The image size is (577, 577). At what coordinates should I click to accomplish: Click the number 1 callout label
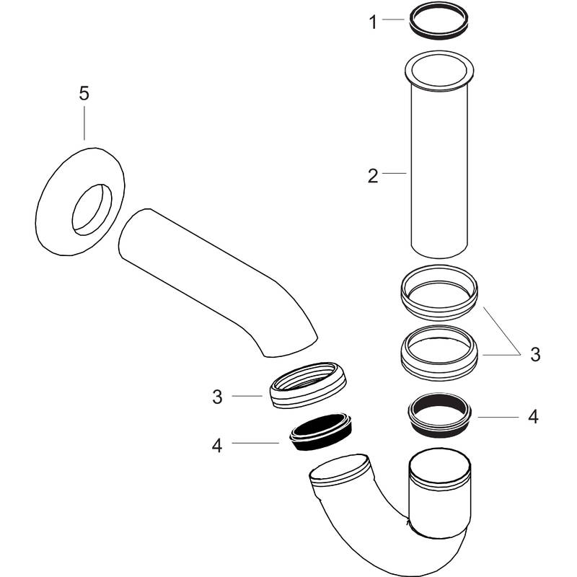(x=373, y=22)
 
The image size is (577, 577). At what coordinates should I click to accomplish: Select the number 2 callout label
(x=372, y=175)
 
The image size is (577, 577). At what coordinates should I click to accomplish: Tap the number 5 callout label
(x=84, y=93)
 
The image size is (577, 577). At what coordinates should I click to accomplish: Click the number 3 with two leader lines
(x=534, y=354)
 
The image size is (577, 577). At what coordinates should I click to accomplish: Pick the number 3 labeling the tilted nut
(x=217, y=396)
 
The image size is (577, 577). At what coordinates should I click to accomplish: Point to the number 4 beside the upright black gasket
(x=533, y=416)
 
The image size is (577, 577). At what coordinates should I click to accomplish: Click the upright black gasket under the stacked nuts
(x=440, y=417)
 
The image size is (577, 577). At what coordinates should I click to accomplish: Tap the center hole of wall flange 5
(x=92, y=208)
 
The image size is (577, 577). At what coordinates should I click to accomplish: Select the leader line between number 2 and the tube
(x=395, y=173)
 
